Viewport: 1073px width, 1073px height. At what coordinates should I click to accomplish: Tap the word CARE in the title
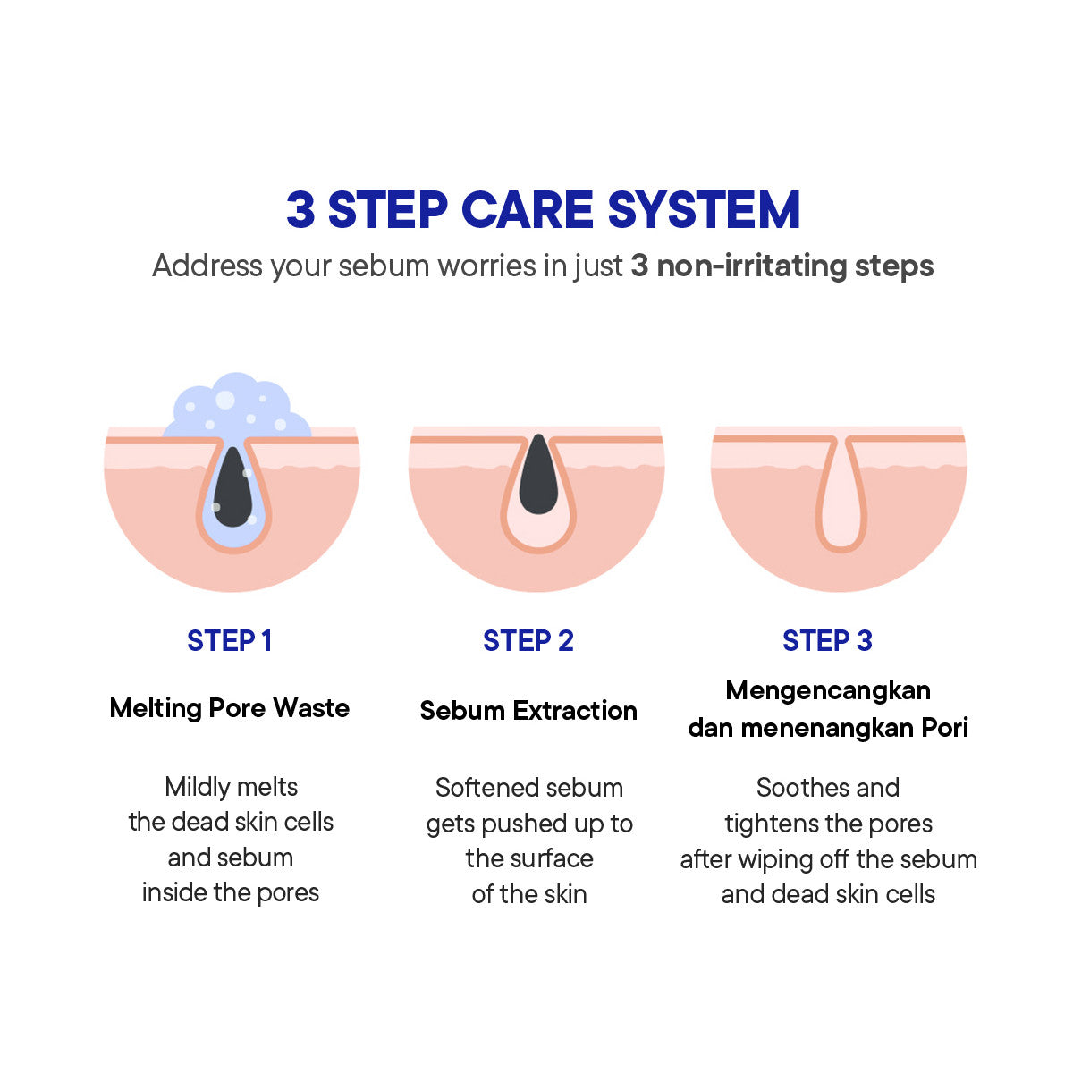click(x=527, y=210)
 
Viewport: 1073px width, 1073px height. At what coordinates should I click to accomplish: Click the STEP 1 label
click(x=229, y=641)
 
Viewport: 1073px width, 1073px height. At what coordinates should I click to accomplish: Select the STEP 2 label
click(x=528, y=641)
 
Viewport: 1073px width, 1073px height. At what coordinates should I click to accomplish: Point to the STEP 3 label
click(x=827, y=641)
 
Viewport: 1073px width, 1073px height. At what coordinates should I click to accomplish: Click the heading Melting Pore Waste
click(x=229, y=708)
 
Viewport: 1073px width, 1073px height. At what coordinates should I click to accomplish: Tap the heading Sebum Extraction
click(x=528, y=711)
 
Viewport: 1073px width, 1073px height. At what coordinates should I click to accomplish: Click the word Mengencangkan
click(x=828, y=690)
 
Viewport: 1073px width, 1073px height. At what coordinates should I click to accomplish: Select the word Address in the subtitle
click(x=207, y=266)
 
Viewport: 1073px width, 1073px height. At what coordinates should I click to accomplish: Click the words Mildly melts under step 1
click(x=231, y=787)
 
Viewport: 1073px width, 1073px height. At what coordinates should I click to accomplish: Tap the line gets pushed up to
click(x=528, y=824)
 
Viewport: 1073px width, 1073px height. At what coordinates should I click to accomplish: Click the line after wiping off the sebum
click(x=828, y=859)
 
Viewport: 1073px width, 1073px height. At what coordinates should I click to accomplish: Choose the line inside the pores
click(x=231, y=892)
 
